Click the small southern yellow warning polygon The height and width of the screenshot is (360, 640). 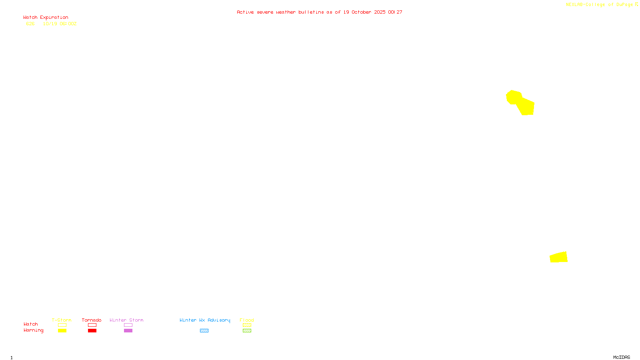559,257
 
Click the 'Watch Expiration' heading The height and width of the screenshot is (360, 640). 46,18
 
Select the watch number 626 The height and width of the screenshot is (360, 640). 30,24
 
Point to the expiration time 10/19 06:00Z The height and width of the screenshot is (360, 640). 60,24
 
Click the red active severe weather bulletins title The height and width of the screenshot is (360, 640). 319,12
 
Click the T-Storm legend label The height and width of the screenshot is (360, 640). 62,320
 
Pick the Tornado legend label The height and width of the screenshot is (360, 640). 92,320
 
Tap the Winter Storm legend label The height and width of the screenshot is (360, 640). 126,320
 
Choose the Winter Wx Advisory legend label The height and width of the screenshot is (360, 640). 205,320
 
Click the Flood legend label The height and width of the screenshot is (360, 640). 247,320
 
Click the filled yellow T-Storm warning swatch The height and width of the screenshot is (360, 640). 62,331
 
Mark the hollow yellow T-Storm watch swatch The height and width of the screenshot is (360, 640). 62,325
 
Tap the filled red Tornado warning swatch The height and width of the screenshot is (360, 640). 92,331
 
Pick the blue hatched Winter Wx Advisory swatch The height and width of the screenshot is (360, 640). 204,331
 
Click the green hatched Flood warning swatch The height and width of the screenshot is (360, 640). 247,331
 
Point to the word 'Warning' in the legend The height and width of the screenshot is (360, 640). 33,330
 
